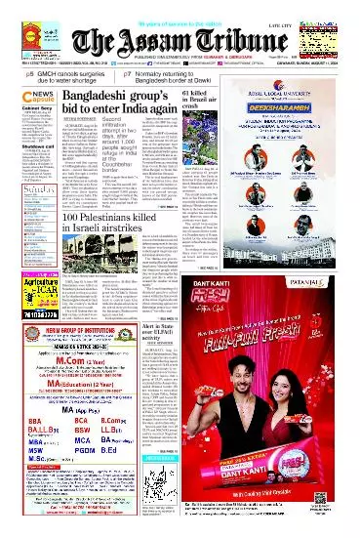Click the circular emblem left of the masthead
click(22, 36)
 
